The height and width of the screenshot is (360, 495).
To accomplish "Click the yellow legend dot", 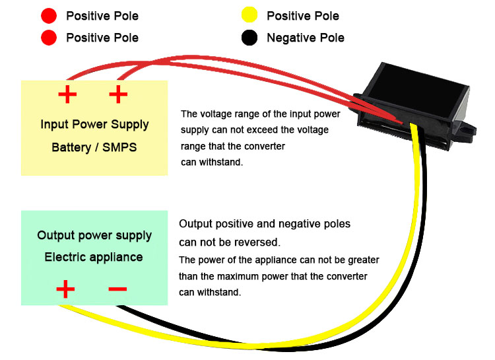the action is [x=249, y=15].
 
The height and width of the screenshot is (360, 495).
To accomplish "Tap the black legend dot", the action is [x=249, y=38].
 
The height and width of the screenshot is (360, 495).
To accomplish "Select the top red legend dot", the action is [x=49, y=15].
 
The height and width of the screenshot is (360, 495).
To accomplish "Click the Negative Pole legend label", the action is [x=306, y=38].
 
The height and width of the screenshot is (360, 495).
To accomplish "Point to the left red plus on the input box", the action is [x=67, y=94].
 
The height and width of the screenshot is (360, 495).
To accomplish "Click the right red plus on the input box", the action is [x=118, y=94].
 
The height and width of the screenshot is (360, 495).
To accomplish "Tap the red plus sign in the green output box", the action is [x=65, y=289].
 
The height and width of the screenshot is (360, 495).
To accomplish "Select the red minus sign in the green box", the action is [x=117, y=289].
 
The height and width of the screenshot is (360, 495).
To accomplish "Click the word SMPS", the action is [x=119, y=147].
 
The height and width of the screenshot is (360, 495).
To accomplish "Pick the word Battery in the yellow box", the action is [x=71, y=147].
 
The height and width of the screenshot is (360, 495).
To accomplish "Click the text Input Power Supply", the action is [x=94, y=125].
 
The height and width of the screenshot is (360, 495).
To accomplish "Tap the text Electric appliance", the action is [x=94, y=257].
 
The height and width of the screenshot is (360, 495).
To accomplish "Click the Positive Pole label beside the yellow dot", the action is [x=303, y=16].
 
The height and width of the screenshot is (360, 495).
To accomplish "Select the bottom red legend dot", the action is [x=49, y=38].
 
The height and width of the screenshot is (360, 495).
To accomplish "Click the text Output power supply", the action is [x=94, y=236].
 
